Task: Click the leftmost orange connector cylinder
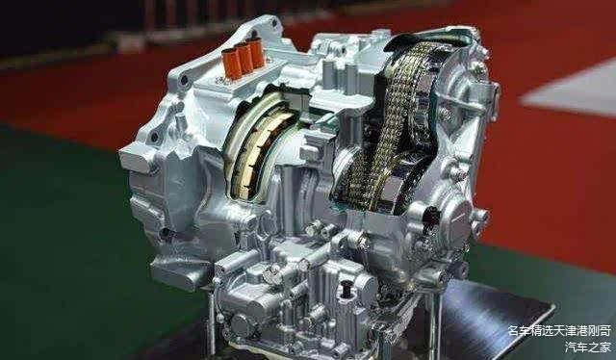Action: pos(231,64)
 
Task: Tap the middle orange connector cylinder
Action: pos(244,58)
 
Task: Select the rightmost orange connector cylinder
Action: pos(256,53)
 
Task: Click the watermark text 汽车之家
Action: pos(588,347)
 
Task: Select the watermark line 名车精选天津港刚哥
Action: pos(559,331)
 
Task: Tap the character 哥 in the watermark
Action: pos(605,331)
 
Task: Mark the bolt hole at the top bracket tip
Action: pos(274,22)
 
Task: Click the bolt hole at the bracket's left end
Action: pos(184,80)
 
